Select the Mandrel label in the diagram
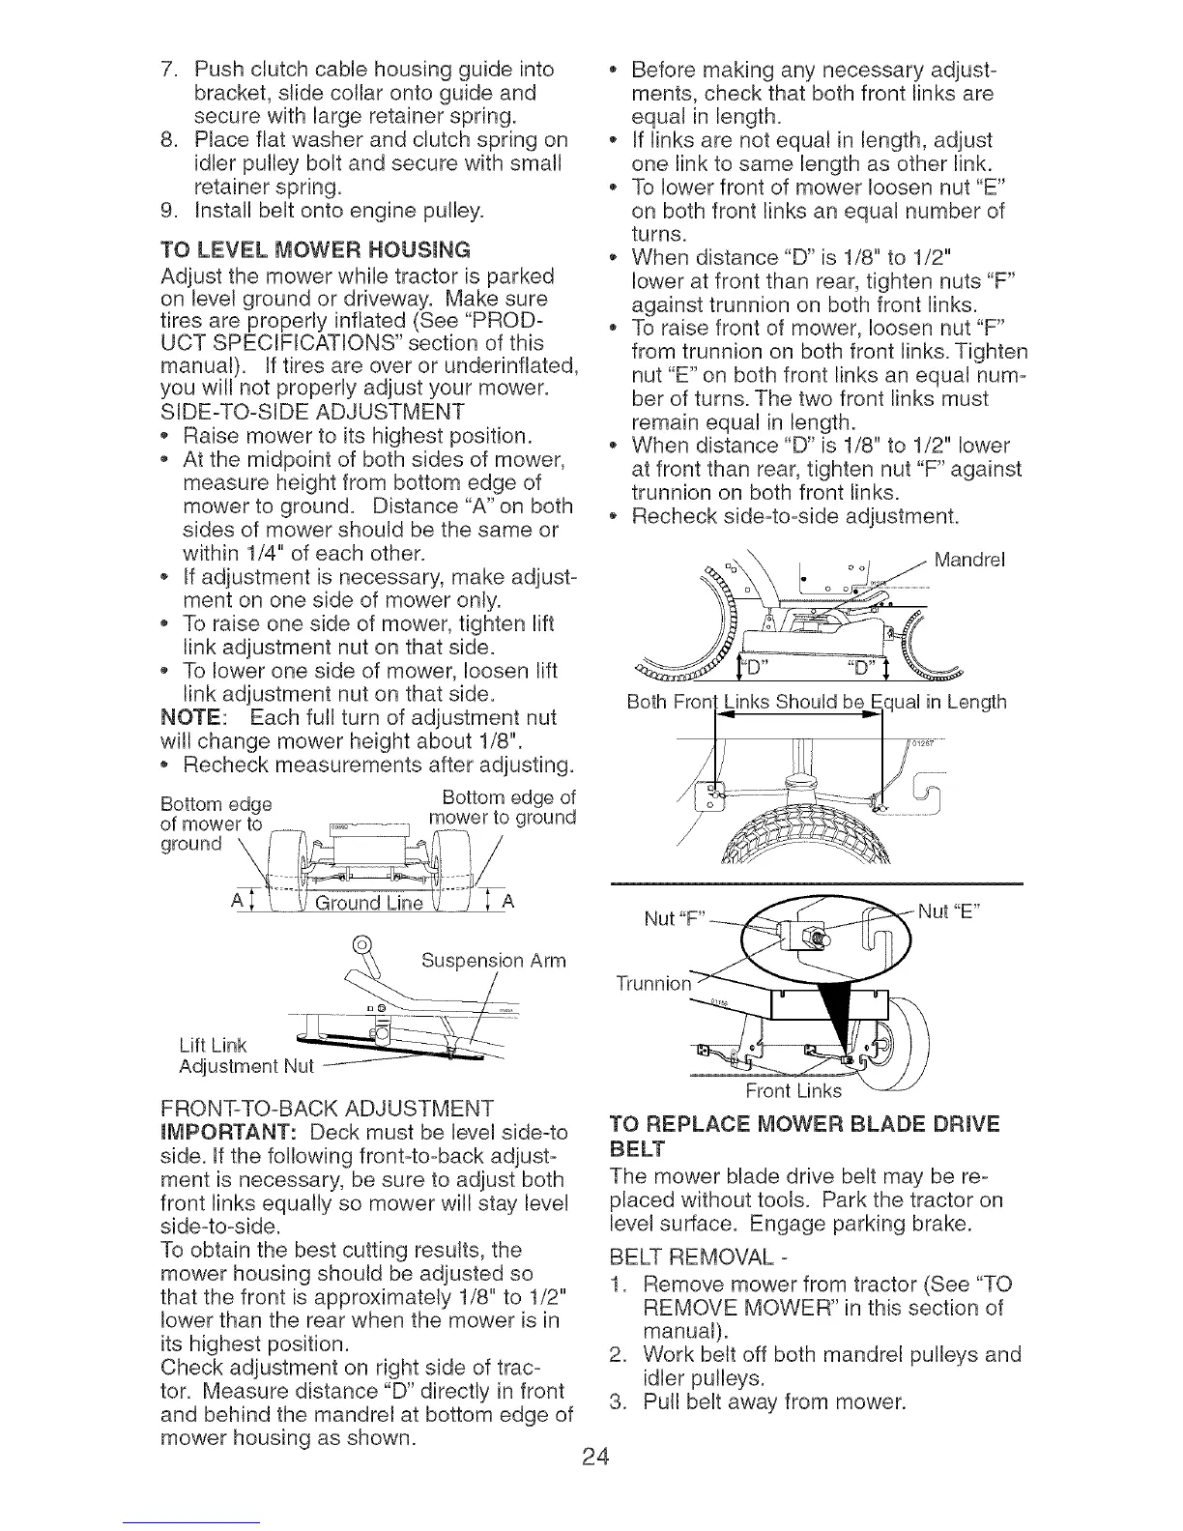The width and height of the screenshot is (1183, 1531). [969, 558]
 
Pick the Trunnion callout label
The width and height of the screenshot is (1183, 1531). [653, 985]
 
